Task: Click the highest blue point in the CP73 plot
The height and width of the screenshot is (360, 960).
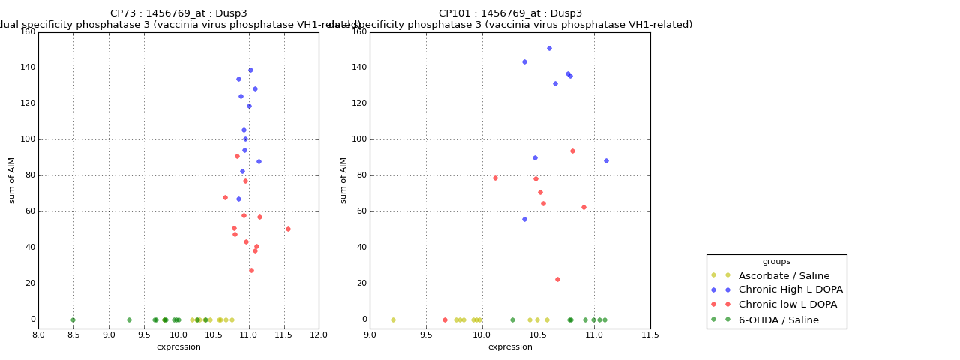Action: coord(250,70)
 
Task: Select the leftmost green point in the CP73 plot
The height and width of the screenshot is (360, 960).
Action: coord(73,319)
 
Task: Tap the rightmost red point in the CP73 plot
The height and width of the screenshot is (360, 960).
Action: coord(288,229)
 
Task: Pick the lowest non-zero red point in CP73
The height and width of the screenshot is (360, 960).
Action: coord(251,270)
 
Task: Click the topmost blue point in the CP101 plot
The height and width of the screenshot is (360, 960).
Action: coord(549,48)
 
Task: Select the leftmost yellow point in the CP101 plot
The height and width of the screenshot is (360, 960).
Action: coord(393,319)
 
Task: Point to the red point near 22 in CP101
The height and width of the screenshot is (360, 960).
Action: coord(557,279)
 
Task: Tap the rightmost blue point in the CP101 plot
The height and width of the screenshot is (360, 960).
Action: coord(606,160)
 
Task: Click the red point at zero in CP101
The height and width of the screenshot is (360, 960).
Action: coord(445,319)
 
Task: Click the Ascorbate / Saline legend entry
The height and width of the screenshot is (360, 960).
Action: coord(784,275)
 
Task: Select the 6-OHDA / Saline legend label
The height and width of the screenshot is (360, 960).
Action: coord(778,319)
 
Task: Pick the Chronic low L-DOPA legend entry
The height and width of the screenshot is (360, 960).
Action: coord(787,304)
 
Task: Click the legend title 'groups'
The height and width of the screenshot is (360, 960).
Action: coord(776,261)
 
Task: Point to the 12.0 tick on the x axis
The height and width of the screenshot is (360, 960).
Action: coord(319,335)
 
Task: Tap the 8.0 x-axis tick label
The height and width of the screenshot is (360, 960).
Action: coord(38,335)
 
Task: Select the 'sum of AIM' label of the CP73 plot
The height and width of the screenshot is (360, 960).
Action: coord(12,180)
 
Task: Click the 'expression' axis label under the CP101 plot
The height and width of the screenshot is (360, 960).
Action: coord(510,346)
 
